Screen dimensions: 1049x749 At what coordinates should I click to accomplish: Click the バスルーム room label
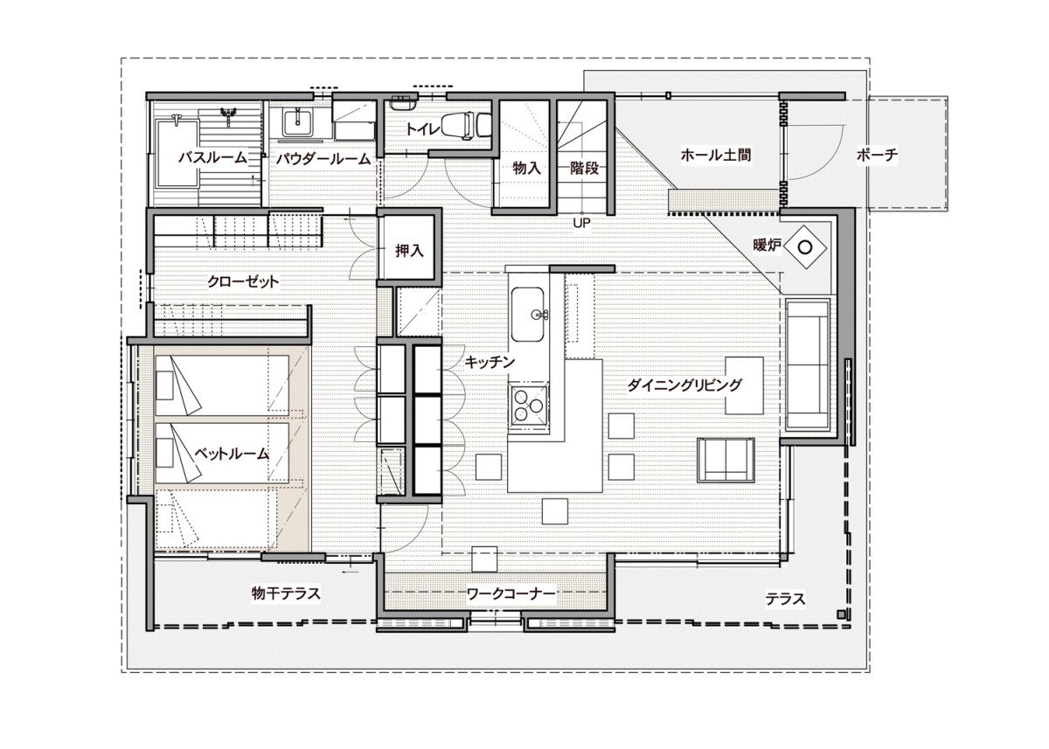(x=212, y=158)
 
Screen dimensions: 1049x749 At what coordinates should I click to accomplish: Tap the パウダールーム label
(x=323, y=159)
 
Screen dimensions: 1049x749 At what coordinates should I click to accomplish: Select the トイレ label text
(x=422, y=129)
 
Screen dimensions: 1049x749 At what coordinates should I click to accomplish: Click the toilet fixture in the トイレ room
(x=465, y=126)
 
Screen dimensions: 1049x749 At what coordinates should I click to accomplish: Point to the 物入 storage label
(x=526, y=168)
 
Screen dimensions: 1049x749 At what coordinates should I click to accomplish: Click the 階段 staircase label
(x=585, y=168)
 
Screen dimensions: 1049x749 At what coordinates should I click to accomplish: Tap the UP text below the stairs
(x=581, y=223)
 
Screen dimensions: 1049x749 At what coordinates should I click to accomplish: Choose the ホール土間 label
(x=716, y=155)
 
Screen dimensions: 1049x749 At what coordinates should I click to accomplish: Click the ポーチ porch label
(x=877, y=155)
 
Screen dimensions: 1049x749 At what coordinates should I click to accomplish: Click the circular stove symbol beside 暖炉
(x=805, y=246)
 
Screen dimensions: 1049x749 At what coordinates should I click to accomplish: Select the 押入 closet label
(x=409, y=251)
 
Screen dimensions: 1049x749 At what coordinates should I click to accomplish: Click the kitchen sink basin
(x=527, y=314)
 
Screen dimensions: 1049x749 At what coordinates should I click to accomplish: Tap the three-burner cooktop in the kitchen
(x=529, y=406)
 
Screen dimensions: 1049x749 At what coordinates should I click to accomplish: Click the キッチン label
(x=490, y=362)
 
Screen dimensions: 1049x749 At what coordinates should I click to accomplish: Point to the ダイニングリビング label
(x=684, y=385)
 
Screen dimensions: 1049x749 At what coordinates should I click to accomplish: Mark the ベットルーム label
(x=232, y=454)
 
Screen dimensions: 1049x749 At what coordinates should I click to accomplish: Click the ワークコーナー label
(x=511, y=594)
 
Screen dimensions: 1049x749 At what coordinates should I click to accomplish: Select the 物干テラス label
(x=286, y=593)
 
